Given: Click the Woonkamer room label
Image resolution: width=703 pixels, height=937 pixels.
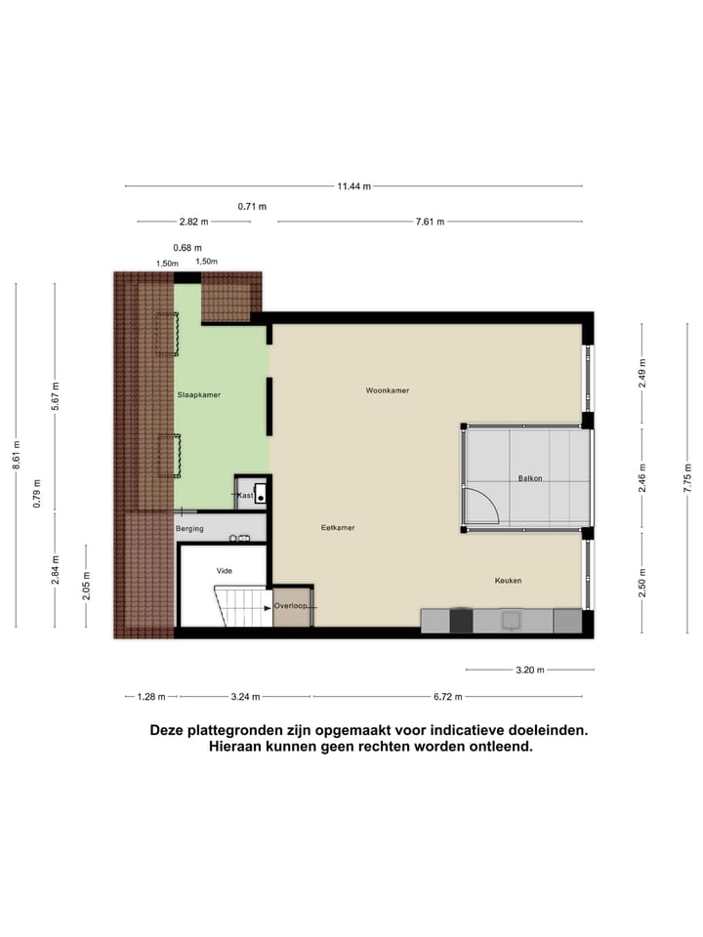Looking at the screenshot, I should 387,390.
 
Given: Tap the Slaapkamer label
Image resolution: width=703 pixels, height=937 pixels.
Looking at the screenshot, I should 198,395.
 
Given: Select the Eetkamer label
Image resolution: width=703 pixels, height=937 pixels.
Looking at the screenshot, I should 338,528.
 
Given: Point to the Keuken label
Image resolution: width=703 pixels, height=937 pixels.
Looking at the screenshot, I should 508,581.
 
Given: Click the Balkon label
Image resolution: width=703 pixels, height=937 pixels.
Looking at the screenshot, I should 530,478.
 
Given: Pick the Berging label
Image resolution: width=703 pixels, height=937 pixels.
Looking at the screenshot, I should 189,528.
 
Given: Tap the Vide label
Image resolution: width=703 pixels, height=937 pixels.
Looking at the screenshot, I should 225,570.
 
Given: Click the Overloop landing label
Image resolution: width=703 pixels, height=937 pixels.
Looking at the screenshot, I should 291,606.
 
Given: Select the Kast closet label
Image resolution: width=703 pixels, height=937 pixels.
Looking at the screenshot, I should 245,496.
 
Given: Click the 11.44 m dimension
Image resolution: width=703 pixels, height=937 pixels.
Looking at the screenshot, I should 353,186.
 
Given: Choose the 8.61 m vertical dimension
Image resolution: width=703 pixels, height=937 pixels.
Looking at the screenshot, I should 16,456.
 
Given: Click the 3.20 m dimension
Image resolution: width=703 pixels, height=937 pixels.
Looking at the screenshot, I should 529,671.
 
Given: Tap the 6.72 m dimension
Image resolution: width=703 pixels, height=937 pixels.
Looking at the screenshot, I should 447,697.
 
